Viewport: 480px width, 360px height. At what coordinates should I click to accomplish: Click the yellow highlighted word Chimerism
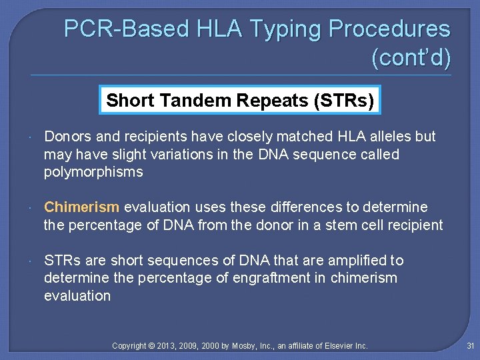(82, 207)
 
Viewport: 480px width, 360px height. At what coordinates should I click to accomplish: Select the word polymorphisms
(93, 172)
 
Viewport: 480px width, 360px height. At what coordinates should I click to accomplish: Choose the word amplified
(357, 260)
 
